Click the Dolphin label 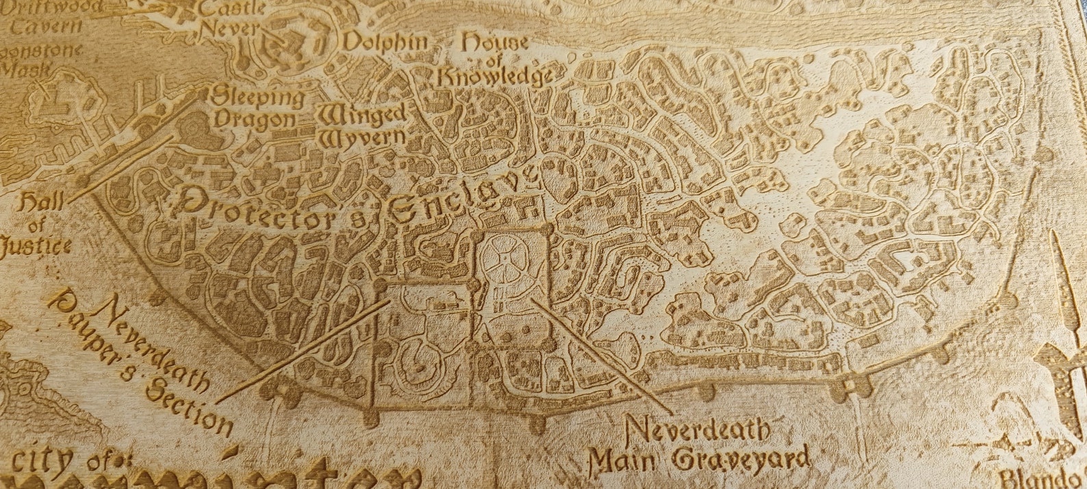pos(385,43)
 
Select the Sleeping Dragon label pos(257,107)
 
